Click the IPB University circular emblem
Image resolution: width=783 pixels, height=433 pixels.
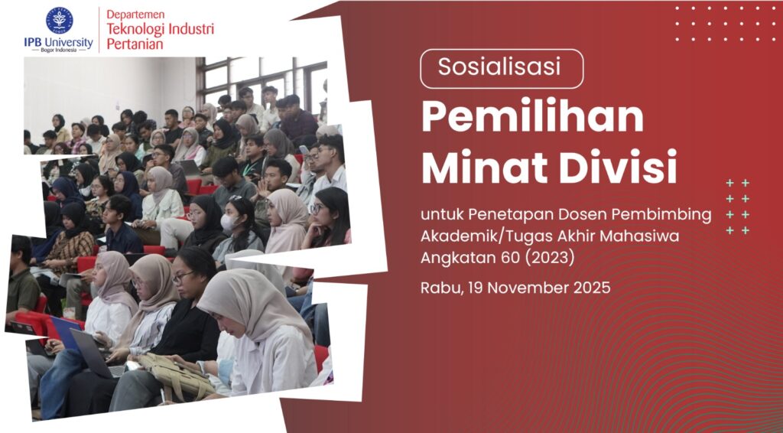coord(59,19)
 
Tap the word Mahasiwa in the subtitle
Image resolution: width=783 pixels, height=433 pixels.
coord(638,236)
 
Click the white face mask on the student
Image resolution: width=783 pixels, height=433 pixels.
coord(229,223)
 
